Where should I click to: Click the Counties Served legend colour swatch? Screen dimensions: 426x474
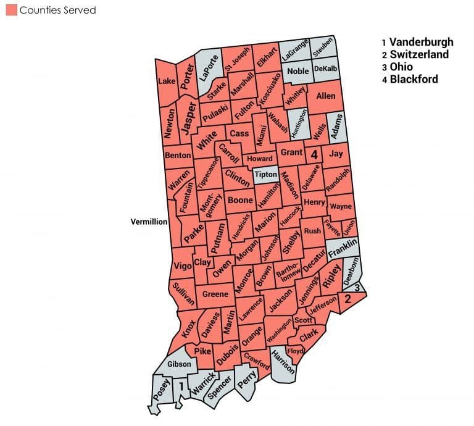pos(11,10)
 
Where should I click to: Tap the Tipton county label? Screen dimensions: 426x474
pos(266,175)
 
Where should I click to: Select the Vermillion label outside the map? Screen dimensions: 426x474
pos(149,222)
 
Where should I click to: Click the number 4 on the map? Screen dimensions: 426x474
pos(314,154)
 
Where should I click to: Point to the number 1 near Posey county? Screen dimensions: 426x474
pos(181,386)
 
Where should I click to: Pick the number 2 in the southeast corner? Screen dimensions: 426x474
pos(347,299)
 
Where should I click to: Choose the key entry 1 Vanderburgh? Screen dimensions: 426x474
pos(417,42)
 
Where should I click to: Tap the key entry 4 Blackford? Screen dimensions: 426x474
pos(409,79)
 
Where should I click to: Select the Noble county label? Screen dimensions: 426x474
pos(298,72)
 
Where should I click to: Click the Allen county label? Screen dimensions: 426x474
pos(326,96)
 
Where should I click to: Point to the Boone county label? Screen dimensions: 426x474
pos(240,200)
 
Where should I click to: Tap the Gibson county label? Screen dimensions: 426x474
pos(179,364)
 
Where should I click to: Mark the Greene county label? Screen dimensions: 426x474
pos(215,294)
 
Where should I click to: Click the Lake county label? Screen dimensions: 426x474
pos(167,81)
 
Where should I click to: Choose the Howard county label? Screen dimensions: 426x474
pos(260,159)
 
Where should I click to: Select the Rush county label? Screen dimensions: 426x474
pos(312,231)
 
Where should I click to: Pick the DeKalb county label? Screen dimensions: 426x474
pos(325,69)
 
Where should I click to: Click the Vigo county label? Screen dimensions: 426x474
pos(183,266)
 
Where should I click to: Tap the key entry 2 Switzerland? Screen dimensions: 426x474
pos(415,54)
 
